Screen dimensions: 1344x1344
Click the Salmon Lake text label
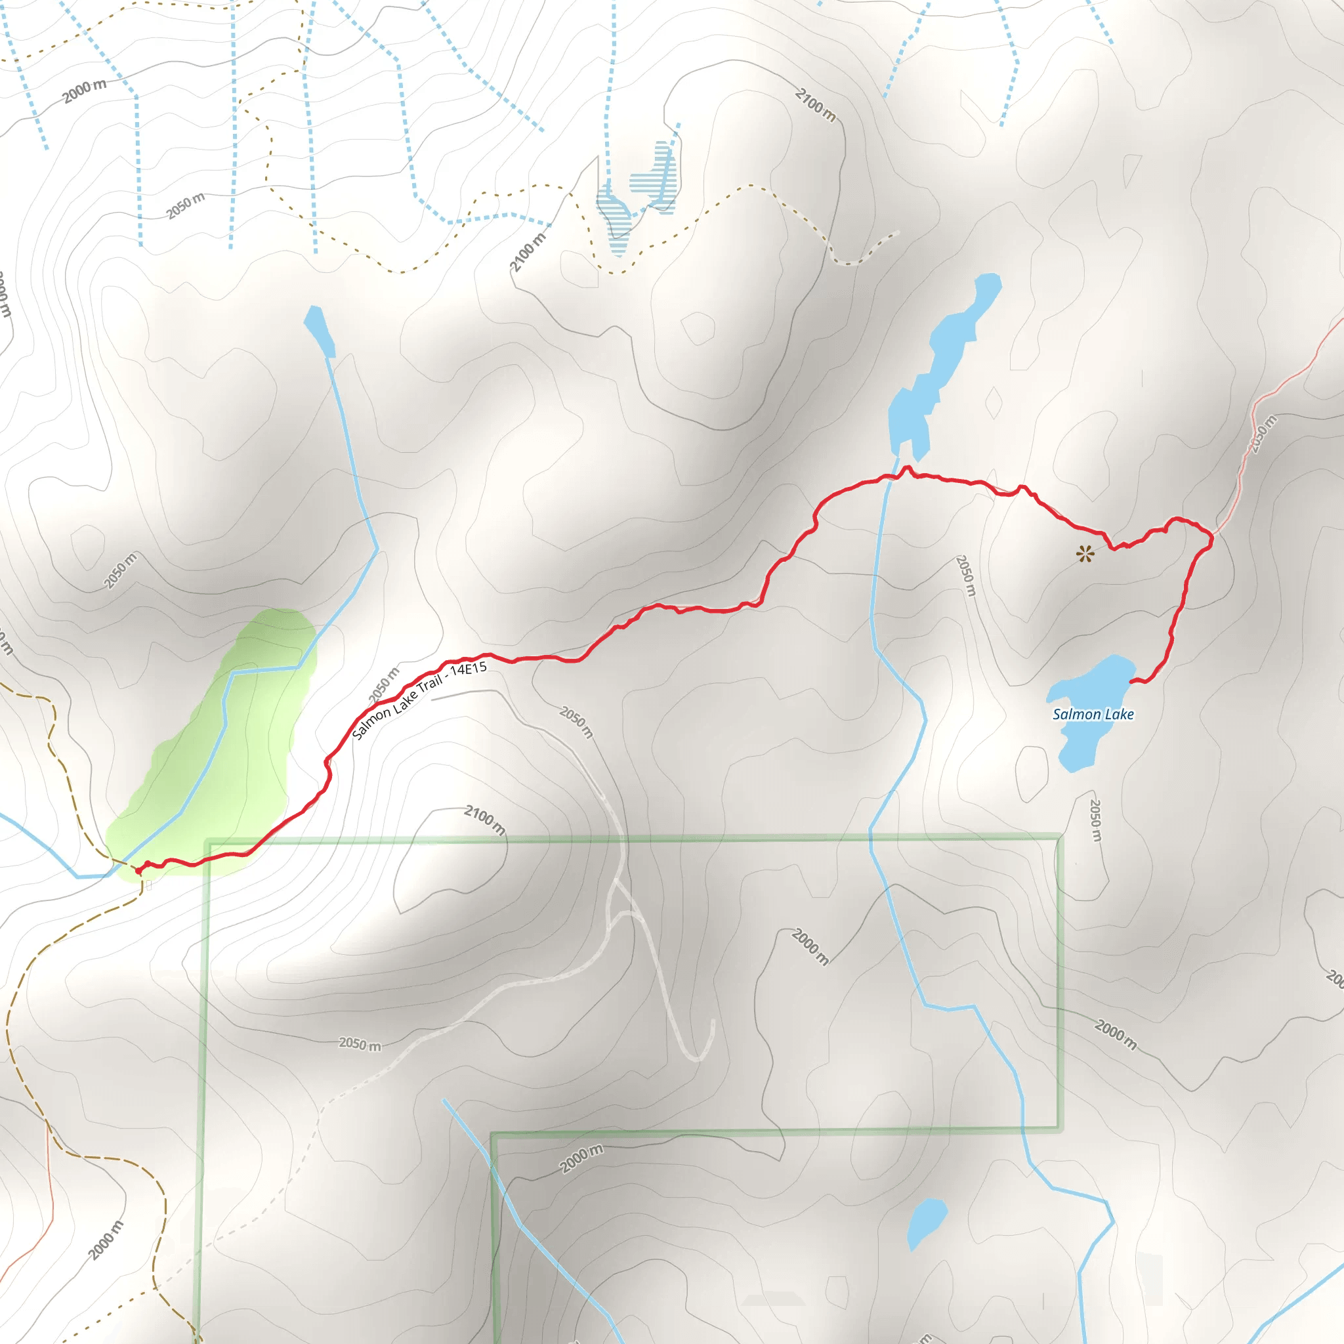1093,714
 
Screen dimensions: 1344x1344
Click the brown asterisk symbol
1085,554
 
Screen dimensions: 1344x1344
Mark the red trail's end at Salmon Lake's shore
1132,682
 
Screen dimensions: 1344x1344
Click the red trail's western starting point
138,870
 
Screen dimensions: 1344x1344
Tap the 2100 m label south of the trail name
485,820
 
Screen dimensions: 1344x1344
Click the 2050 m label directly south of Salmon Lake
1095,820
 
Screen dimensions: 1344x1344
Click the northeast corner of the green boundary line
1059,837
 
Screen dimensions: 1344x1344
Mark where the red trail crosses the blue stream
891,478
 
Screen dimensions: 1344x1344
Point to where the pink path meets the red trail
1212,535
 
